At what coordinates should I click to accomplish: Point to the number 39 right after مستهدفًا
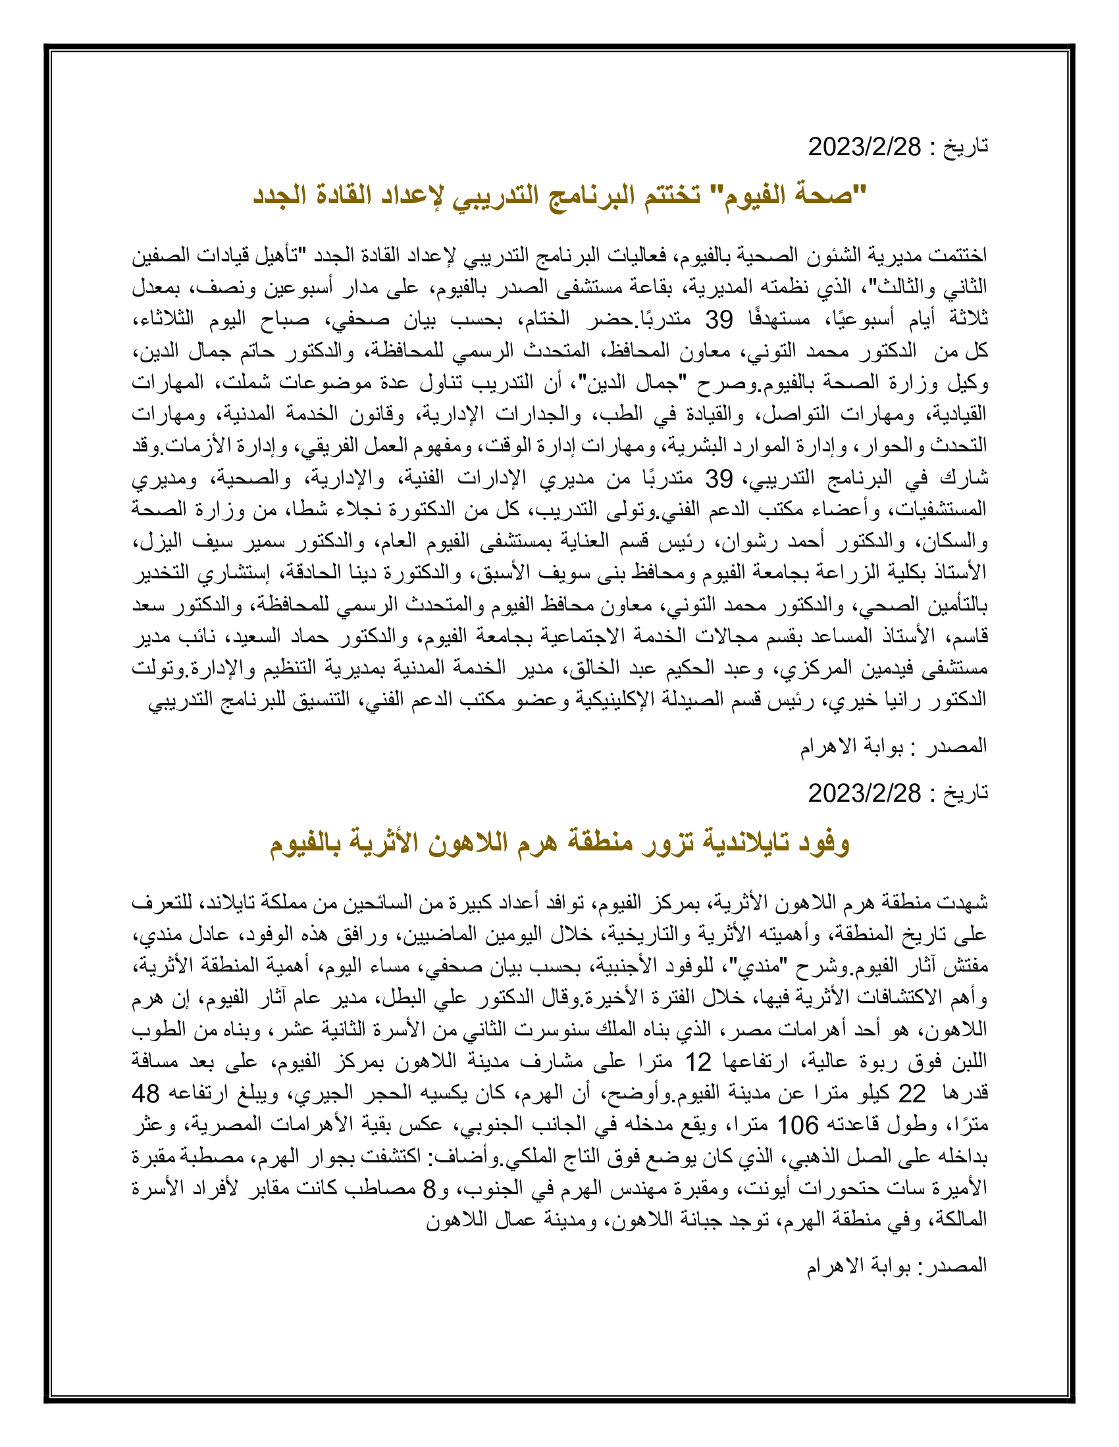coord(719,320)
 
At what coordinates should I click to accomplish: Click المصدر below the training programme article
coord(955,746)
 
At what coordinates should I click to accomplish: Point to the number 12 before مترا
coord(697,1062)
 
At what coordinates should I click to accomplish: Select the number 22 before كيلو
coord(912,1094)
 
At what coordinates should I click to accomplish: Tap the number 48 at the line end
coord(146,1094)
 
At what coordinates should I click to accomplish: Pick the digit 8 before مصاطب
coord(430,1189)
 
